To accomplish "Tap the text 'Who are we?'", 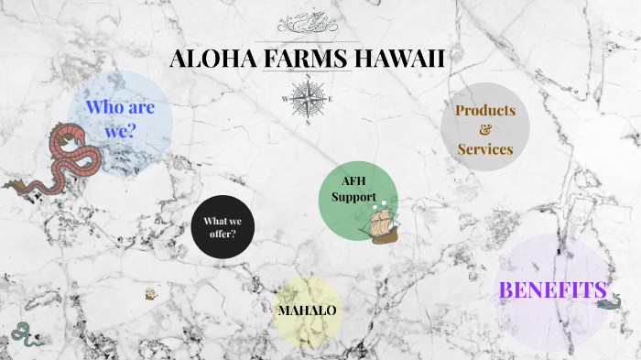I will (x=119, y=119).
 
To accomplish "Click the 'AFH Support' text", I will (x=353, y=189).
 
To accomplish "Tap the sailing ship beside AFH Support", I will (x=381, y=221).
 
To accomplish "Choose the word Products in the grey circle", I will (x=485, y=110).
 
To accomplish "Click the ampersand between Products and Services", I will (x=485, y=129).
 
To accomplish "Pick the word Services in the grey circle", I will (x=485, y=148).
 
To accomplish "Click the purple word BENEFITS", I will (x=552, y=290).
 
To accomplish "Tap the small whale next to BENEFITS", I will (x=608, y=298).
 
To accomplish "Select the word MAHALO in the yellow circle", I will (x=307, y=311).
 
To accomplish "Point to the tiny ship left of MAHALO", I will (x=152, y=294).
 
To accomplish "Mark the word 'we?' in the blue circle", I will (x=119, y=131).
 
